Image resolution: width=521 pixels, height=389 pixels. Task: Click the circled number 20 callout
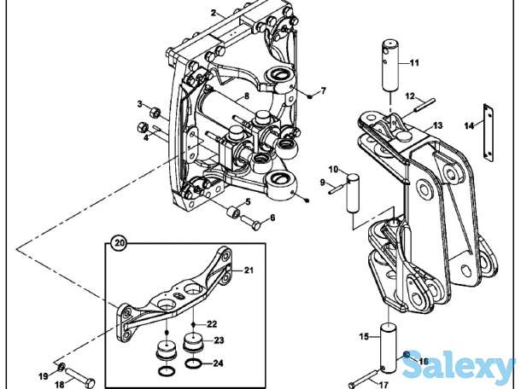click(120, 243)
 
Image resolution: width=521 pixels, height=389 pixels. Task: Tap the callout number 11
click(414, 63)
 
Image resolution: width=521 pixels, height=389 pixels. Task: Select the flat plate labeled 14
click(488, 133)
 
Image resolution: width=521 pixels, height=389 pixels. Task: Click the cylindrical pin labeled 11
click(390, 66)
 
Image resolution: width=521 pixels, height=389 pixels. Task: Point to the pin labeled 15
click(388, 347)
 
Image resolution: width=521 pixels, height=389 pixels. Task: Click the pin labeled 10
click(353, 193)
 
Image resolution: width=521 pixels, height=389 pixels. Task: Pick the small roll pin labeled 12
click(424, 105)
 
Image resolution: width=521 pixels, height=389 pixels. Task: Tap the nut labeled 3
click(155, 113)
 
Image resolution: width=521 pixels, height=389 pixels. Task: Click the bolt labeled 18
click(79, 377)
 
